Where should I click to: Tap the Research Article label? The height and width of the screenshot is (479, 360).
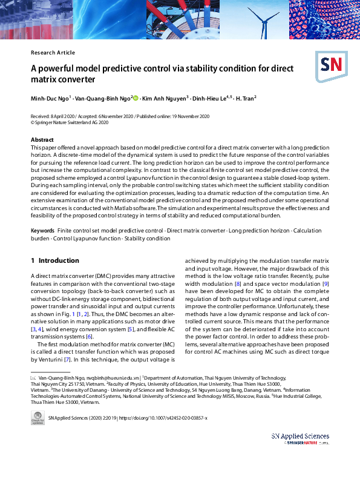[x=53, y=53]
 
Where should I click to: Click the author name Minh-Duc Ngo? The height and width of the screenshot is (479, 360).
[x=50, y=98]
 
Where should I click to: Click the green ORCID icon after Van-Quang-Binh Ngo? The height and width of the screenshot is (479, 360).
[x=136, y=97]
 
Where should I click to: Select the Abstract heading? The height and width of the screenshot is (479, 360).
[x=42, y=140]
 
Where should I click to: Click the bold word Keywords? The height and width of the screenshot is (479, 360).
[x=42, y=231]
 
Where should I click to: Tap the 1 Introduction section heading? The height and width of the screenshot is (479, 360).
[x=54, y=261]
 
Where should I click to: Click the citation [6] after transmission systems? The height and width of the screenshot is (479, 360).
[x=89, y=336]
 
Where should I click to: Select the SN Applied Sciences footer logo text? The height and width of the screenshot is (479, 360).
[x=300, y=436]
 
